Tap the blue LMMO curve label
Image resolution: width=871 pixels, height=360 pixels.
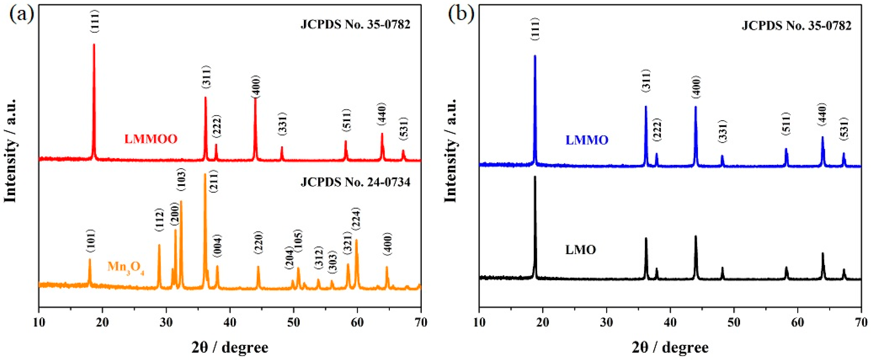[587, 140]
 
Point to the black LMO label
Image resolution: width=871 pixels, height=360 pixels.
[580, 250]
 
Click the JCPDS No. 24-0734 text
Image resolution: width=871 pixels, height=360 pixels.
[355, 183]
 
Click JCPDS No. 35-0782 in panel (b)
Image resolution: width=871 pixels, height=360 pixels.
[796, 26]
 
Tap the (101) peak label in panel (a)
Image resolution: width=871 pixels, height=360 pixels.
[91, 241]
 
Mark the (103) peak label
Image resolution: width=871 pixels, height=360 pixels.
[181, 181]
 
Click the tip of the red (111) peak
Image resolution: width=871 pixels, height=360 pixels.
[94, 44]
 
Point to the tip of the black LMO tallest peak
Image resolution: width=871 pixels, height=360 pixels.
[535, 176]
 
